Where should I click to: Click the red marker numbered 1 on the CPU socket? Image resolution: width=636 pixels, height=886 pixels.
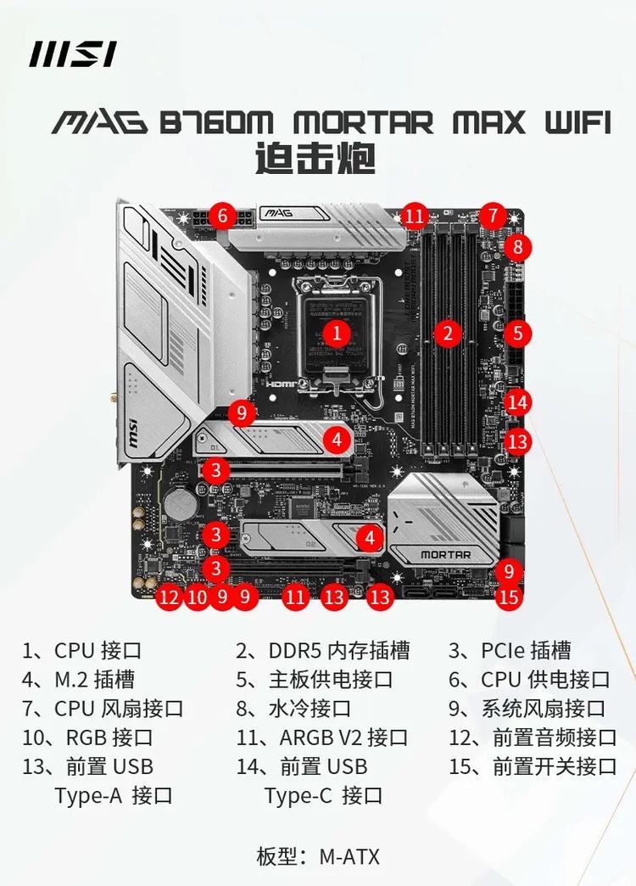pos(337,333)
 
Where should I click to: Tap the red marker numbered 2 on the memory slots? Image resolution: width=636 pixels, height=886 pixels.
pos(448,333)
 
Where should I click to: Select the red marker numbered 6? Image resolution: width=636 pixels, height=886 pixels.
pos(222,216)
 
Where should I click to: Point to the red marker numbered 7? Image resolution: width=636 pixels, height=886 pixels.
pos(493,216)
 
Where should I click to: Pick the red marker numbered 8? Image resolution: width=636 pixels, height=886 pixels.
pos(517,247)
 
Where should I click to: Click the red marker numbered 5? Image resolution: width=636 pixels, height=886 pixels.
pos(517,333)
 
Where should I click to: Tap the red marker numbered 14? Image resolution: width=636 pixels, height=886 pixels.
pos(518,402)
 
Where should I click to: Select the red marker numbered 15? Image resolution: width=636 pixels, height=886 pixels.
pos(508,597)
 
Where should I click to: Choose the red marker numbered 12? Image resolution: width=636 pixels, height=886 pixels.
pos(170,597)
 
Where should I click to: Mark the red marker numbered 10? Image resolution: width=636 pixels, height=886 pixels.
pos(197,597)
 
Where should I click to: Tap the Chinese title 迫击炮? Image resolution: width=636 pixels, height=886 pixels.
pos(315,159)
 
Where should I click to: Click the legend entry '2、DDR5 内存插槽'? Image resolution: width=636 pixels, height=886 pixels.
pos(322,651)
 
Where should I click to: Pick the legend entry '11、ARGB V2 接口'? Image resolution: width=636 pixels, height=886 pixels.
pos(322,737)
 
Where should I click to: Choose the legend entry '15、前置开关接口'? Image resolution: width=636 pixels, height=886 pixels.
pos(533,766)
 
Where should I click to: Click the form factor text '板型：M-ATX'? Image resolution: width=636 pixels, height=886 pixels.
pos(318,855)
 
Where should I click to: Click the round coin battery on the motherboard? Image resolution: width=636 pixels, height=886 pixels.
pos(179,505)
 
